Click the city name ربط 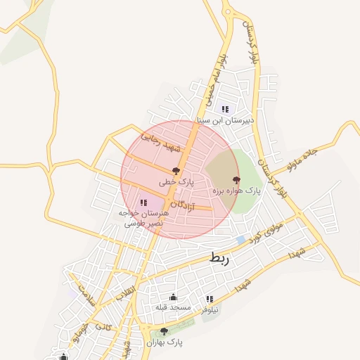point(219,259)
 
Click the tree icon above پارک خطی point(176,171)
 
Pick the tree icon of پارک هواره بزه point(236,180)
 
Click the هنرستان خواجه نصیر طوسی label point(143,217)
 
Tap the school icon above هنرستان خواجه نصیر point(143,202)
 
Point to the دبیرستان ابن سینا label point(226,120)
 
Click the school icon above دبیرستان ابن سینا point(226,109)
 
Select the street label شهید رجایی point(161,143)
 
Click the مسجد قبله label point(174,308)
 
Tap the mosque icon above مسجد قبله point(174,297)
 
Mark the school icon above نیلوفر point(210,299)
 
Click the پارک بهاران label point(165,342)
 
